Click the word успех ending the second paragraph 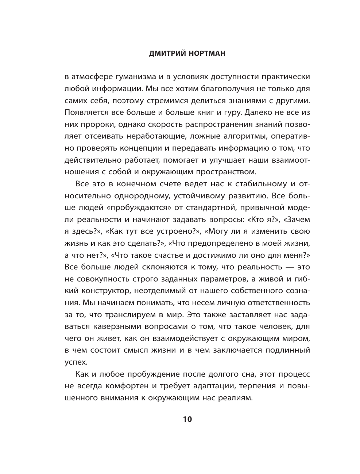pyautogui.click(x=77, y=362)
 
